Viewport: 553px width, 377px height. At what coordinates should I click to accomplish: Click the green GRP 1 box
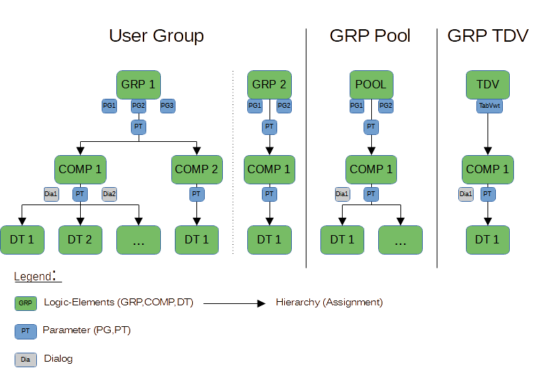point(138,85)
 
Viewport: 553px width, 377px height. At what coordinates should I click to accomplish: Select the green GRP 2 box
point(269,85)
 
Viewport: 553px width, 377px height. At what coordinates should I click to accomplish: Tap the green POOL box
point(371,85)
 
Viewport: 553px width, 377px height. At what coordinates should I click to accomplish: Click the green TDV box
point(488,85)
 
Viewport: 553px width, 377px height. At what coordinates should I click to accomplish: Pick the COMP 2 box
point(196,169)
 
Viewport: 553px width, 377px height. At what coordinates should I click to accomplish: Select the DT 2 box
point(80,240)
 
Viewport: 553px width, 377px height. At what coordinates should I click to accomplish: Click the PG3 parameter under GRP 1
point(167,106)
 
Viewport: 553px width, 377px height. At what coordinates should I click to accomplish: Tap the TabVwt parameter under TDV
point(488,106)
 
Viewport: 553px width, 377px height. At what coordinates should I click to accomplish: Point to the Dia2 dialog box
point(109,194)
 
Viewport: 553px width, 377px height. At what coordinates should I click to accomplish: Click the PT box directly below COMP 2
point(196,194)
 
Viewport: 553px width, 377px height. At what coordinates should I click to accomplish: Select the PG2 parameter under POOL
point(386,106)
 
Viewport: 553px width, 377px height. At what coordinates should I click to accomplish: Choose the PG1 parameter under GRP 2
point(255,106)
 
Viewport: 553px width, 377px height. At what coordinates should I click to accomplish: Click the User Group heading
point(155,36)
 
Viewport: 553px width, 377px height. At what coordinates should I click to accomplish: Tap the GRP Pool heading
point(369,36)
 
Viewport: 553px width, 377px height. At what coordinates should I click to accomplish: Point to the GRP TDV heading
point(487,36)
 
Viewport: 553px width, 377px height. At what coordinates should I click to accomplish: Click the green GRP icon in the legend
point(25,303)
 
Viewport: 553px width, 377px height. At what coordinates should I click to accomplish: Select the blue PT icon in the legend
point(25,331)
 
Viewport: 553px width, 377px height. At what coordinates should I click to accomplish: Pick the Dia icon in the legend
point(25,360)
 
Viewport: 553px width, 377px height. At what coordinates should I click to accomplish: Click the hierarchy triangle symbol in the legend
point(262,303)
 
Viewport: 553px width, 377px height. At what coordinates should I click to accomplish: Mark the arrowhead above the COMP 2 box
point(196,151)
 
